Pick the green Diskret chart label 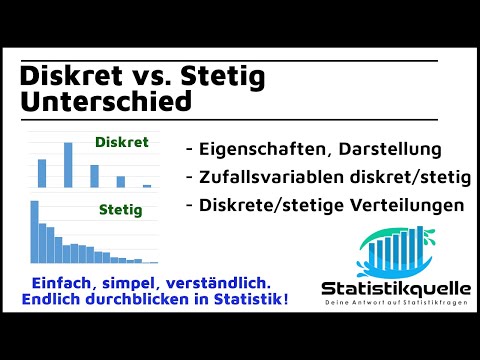point(121,143)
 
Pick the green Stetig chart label point(123,211)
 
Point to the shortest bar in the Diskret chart point(146,186)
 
